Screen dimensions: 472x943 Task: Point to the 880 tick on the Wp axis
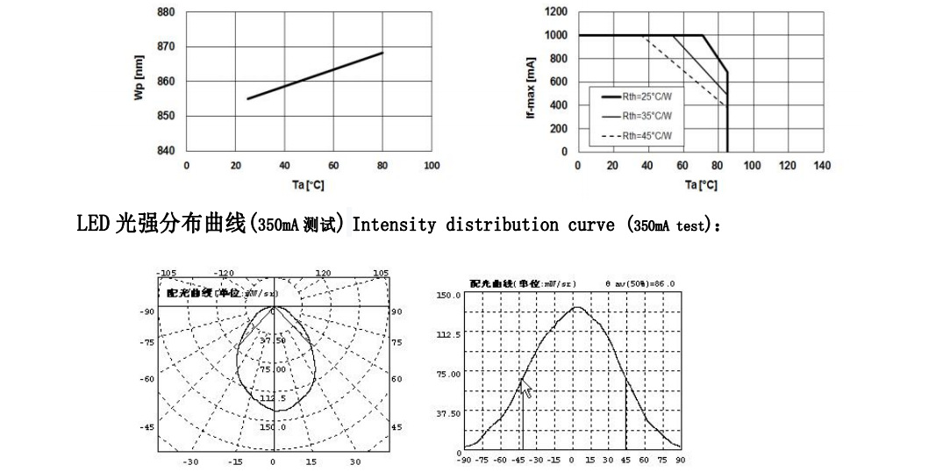[x=166, y=12]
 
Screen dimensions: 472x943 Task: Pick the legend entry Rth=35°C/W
[x=640, y=116]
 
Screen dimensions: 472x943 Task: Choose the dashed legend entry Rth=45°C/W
[x=640, y=135]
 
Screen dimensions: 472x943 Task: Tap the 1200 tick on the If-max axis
[x=555, y=11]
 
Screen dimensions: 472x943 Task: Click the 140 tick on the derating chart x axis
[x=822, y=165]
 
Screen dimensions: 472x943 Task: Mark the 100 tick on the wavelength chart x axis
[x=432, y=165]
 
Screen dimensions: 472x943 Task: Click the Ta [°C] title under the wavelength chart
[x=309, y=184]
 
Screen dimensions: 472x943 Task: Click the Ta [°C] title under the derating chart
[x=700, y=184]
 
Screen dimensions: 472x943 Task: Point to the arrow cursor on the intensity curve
[x=527, y=389]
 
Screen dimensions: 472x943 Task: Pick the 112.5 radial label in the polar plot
[x=272, y=397]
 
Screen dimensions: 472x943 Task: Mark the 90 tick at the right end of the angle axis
[x=680, y=459]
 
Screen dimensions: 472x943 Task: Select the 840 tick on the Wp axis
[x=166, y=150]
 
